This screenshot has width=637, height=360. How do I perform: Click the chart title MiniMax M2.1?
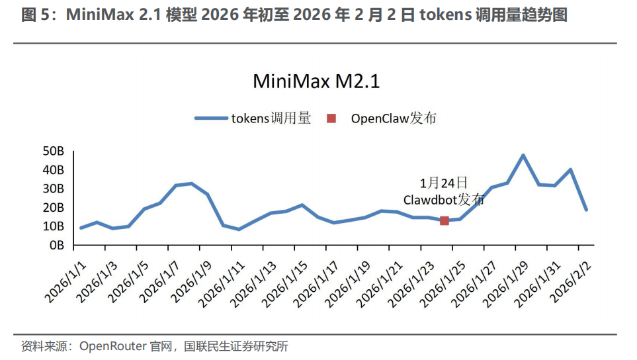[x=317, y=82]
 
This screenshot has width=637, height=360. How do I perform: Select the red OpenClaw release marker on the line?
[x=445, y=220]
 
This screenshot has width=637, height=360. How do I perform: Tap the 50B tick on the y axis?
[x=54, y=152]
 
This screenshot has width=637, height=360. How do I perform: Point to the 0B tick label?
[x=56, y=245]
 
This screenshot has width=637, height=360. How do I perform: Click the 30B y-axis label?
[x=54, y=189]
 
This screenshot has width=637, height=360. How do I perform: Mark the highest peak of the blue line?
[x=523, y=156]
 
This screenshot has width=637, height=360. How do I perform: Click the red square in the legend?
[x=331, y=118]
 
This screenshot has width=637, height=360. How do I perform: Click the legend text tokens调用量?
[x=271, y=118]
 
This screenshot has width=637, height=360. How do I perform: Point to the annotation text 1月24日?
[x=444, y=182]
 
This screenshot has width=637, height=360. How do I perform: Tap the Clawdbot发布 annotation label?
[x=444, y=199]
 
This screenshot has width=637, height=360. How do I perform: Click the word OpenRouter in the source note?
[x=109, y=346]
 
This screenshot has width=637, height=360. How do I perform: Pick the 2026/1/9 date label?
[x=190, y=278]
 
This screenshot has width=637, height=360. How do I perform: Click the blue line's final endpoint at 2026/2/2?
[x=586, y=209]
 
